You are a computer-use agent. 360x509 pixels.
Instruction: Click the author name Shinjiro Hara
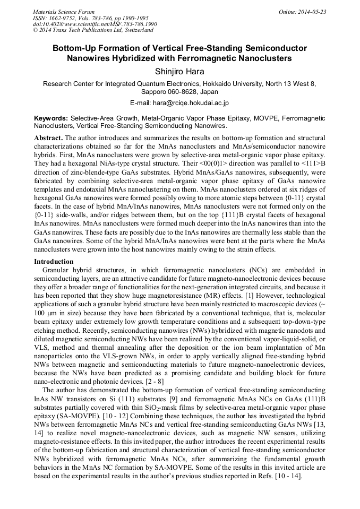point(180,71)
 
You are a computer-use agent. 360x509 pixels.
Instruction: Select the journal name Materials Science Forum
point(64,12)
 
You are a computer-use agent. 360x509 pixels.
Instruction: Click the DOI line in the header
point(95,24)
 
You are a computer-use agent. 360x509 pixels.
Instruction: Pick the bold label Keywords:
point(51,118)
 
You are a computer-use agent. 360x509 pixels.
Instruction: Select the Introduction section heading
point(54,262)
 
